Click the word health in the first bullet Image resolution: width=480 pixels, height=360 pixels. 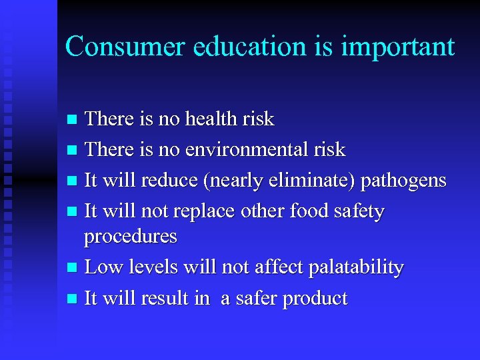pyautogui.click(x=213, y=119)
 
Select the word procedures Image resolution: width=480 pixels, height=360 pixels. pyautogui.click(x=130, y=237)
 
